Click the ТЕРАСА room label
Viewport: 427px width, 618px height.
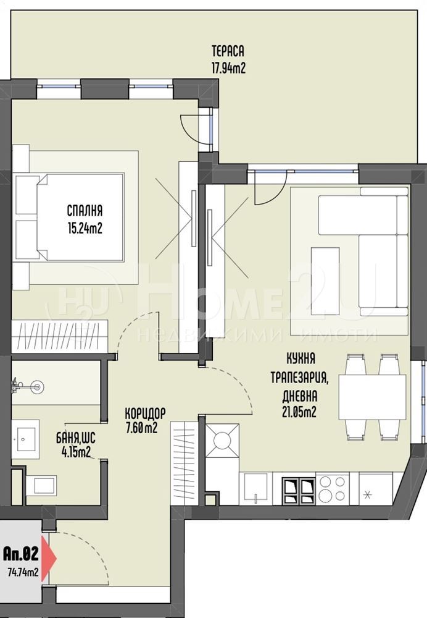(228, 51)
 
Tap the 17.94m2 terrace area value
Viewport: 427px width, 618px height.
(229, 68)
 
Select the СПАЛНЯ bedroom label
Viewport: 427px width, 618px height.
(85, 211)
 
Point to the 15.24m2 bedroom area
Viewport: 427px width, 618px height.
(85, 228)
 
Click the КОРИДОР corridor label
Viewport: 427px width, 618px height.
(145, 413)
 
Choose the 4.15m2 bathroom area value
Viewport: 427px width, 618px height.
(76, 452)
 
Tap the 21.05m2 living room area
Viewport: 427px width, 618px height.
(299, 412)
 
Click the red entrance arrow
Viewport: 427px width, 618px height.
(49, 559)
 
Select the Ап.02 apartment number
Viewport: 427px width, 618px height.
(21, 554)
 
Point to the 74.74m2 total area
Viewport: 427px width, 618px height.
(23, 572)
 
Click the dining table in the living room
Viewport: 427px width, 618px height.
(372, 397)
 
